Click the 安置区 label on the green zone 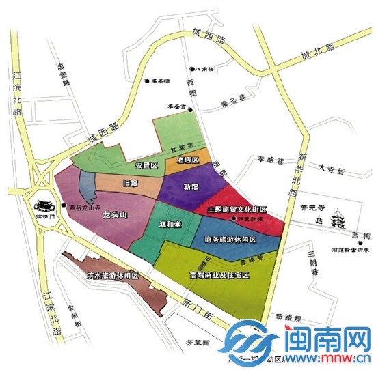coord(146,166)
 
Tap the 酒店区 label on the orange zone coord(187,160)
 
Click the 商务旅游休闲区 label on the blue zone coord(234,240)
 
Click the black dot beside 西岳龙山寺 coord(63,205)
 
